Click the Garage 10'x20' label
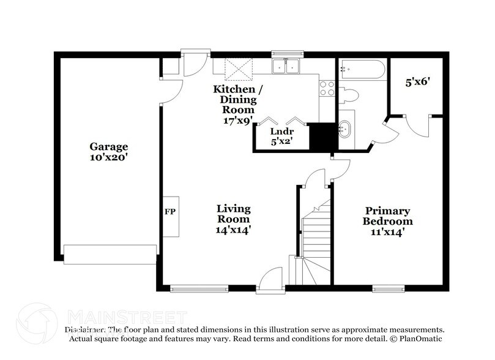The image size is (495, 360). [109, 152]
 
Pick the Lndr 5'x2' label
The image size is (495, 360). [281, 135]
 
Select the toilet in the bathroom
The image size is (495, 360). [350, 95]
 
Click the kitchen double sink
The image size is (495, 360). [286, 66]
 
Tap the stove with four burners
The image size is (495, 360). [327, 89]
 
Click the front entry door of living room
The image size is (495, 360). [267, 281]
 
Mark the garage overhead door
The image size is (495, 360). [110, 254]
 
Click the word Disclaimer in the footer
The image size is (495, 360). [85, 329]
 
